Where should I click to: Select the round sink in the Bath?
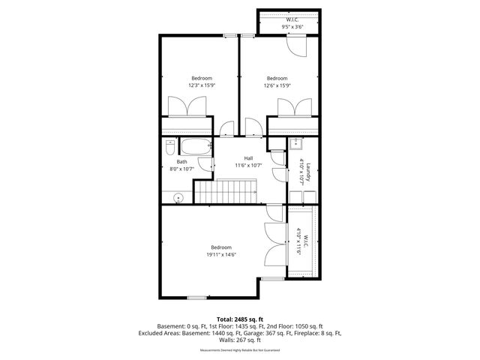pos(178,198)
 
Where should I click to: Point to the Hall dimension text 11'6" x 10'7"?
pos(247,165)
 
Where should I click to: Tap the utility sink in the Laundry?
pos(296,144)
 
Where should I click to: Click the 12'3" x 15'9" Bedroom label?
pos(201,85)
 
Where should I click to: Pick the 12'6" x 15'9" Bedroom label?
pos(277,85)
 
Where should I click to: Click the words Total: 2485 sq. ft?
pos(239,319)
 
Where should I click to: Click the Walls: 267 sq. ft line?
pos(239,340)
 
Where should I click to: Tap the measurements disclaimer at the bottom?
pos(239,350)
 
